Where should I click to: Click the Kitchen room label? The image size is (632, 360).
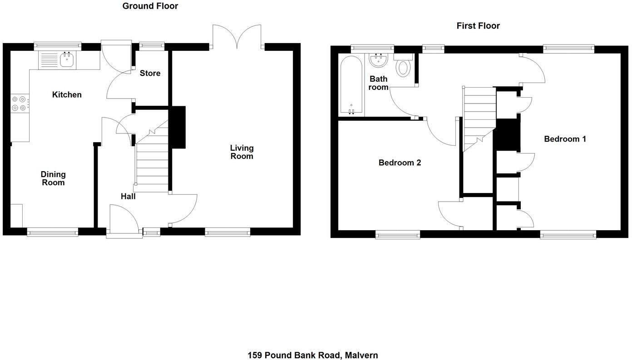pyautogui.click(x=67, y=95)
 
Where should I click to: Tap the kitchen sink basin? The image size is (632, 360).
pyautogui.click(x=67, y=59)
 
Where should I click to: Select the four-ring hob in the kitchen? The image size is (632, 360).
pyautogui.click(x=19, y=104)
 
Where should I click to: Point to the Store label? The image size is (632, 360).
pyautogui.click(x=150, y=73)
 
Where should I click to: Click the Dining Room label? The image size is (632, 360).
pyautogui.click(x=53, y=178)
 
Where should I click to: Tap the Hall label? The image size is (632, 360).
pyautogui.click(x=128, y=197)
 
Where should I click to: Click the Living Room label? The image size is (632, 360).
pyautogui.click(x=242, y=152)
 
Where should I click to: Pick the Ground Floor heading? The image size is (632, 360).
pyautogui.click(x=150, y=6)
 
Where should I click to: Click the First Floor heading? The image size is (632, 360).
pyautogui.click(x=478, y=26)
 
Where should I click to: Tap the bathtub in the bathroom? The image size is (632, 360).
pyautogui.click(x=351, y=85)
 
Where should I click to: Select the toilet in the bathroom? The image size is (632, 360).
pyautogui.click(x=403, y=66)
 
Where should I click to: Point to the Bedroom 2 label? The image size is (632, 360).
pyautogui.click(x=400, y=163)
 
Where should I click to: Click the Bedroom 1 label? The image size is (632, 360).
pyautogui.click(x=565, y=139)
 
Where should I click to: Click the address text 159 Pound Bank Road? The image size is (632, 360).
pyautogui.click(x=312, y=355)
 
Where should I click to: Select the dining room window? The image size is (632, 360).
pyautogui.click(x=53, y=232)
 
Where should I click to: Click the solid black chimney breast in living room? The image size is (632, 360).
pyautogui.click(x=178, y=127)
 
